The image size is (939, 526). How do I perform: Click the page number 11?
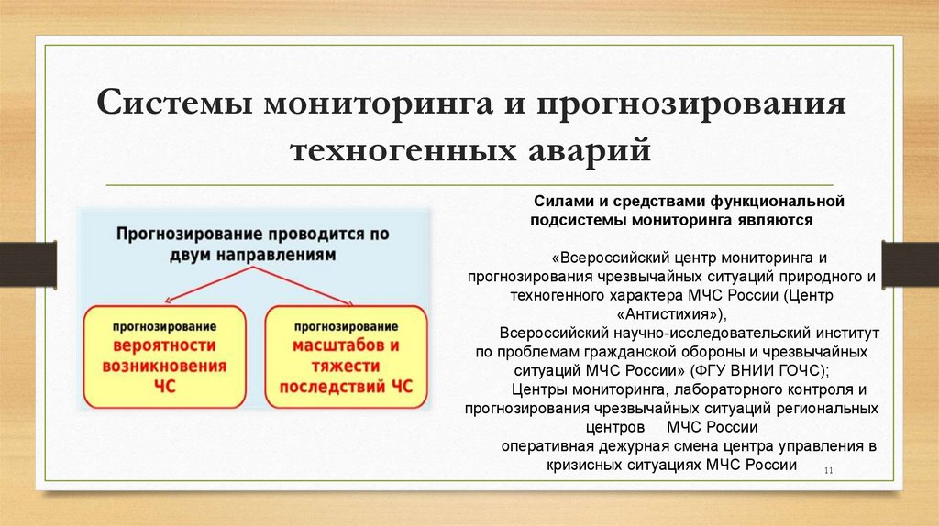pyautogui.click(x=828, y=471)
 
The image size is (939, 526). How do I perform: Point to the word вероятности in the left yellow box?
pyautogui.click(x=165, y=345)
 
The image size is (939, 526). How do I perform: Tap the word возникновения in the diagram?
pyautogui.click(x=165, y=366)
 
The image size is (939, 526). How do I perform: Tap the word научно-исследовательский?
pyautogui.click(x=701, y=333)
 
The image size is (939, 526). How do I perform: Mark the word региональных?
pyautogui.click(x=823, y=409)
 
